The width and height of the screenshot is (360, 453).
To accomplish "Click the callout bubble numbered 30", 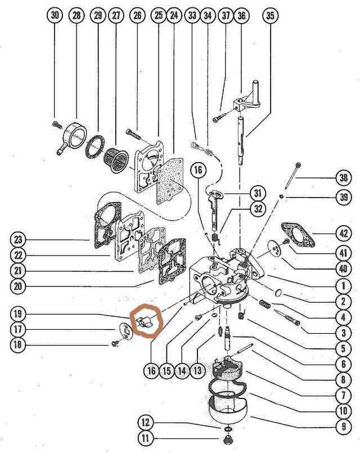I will click(x=55, y=15).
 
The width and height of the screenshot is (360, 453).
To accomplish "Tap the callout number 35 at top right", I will click(x=270, y=15).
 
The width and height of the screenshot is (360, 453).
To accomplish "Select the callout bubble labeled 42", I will click(x=343, y=233).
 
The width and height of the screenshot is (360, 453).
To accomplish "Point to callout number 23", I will click(x=18, y=240).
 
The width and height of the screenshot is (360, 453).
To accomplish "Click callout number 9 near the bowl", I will click(x=343, y=427).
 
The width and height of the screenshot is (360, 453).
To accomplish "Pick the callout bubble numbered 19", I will click(x=18, y=314).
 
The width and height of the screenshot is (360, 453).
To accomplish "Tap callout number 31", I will click(x=257, y=193).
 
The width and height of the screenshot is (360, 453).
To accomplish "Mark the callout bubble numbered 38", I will click(x=343, y=178).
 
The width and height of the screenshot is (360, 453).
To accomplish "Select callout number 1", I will click(x=343, y=286).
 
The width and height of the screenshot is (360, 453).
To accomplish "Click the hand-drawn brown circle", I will click(x=146, y=321).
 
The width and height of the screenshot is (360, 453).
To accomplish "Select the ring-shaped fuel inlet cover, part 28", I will click(x=74, y=137).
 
